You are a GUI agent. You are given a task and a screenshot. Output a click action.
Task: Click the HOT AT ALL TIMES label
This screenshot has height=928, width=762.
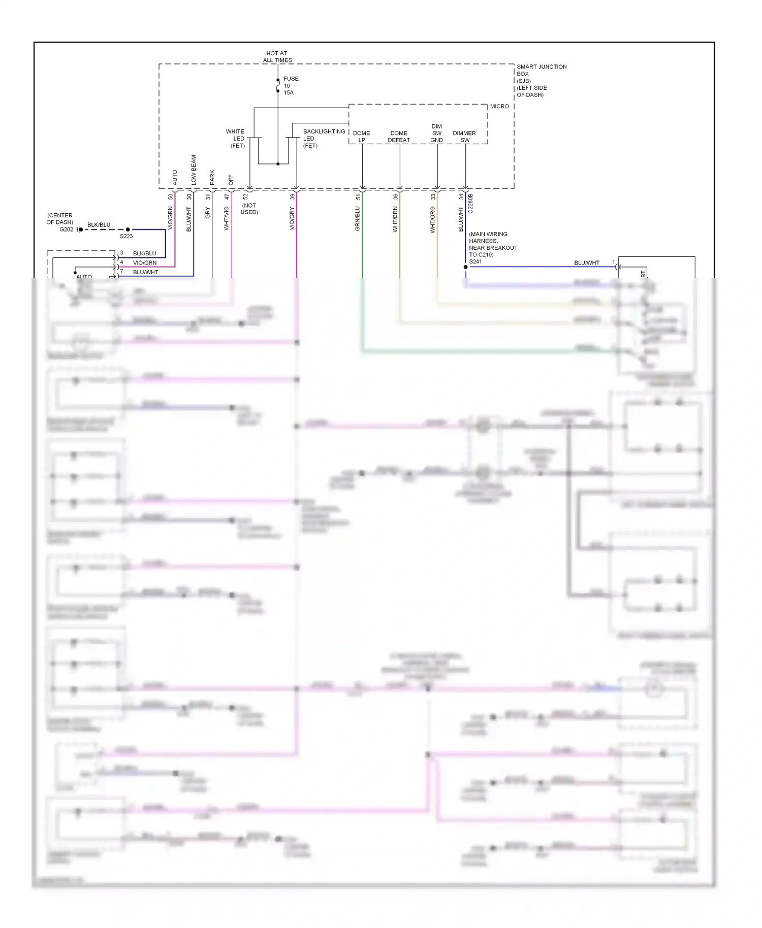point(277,56)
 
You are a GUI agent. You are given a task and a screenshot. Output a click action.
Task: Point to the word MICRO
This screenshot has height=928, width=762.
point(499,106)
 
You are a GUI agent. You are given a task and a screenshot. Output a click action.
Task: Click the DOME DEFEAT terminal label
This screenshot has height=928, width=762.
point(399,137)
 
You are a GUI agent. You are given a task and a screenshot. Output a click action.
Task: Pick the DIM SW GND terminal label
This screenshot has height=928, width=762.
point(437,133)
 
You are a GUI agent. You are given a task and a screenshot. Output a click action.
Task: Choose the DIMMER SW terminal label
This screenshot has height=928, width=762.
point(464,137)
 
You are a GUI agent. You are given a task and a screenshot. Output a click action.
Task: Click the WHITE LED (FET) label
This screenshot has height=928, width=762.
point(236,138)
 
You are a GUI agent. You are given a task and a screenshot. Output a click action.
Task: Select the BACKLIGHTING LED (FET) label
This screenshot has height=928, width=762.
point(323,138)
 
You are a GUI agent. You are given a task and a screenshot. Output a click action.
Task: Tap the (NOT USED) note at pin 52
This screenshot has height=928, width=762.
point(249,209)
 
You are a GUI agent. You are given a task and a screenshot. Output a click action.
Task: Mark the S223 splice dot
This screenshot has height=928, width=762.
point(128,229)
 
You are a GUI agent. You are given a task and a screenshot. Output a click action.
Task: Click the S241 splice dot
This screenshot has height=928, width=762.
point(465,267)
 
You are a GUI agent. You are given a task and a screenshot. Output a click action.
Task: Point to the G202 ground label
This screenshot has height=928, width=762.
point(66,229)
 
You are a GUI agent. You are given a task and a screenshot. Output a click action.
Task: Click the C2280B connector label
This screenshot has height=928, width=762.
point(470,203)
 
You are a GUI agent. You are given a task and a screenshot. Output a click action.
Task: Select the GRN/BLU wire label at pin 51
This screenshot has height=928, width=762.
point(357,218)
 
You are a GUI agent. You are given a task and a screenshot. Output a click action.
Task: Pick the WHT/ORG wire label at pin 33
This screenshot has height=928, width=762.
point(432,219)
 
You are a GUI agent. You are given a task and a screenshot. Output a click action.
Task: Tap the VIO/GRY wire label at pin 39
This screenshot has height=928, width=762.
point(292,218)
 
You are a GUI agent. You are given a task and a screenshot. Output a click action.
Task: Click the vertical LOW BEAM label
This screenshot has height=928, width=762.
point(194,170)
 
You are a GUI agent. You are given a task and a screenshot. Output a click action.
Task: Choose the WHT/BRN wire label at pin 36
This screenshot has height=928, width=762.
point(395,219)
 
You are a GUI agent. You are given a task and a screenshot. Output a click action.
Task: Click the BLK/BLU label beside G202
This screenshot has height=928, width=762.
point(99,224)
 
